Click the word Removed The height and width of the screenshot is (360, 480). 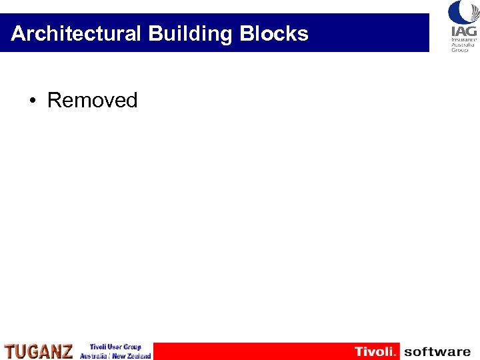tap(92, 101)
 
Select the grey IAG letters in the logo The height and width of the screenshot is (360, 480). tap(463, 31)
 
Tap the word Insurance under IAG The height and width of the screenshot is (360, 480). tap(463, 39)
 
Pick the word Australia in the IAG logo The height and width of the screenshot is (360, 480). tap(463, 45)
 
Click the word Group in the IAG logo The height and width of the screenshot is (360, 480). tap(461, 50)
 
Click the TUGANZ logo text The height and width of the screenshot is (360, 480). tap(39, 351)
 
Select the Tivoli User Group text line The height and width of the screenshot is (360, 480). tap(115, 347)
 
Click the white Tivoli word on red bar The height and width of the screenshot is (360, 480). tap(375, 351)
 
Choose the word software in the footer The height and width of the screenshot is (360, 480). tap(437, 351)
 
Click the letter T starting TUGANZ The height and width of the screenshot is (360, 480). tap(9, 351)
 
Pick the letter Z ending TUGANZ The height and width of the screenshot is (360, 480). tap(67, 351)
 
